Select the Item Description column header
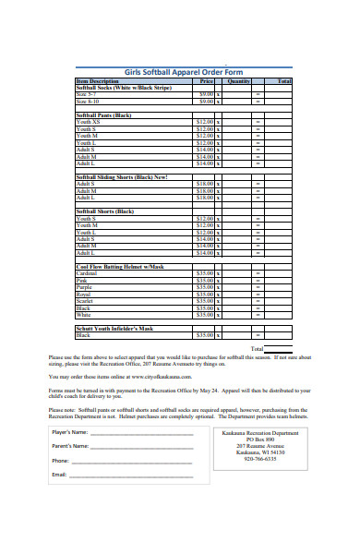point(98,81)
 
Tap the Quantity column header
point(238,81)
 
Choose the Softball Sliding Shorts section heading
point(121,176)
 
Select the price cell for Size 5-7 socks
point(206,93)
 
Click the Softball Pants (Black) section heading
point(103,114)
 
